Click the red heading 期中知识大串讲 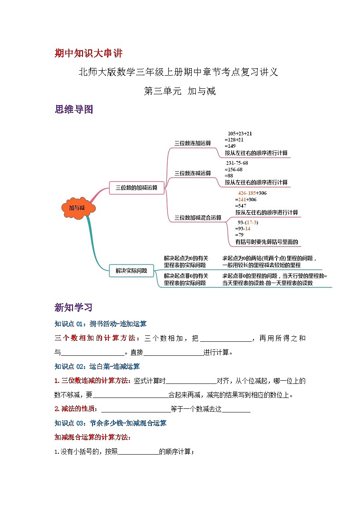[x=88, y=53]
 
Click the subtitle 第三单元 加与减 [x=180, y=91]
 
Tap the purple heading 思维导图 [x=73, y=109]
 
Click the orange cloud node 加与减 [x=77, y=208]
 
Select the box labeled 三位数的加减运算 [x=136, y=187]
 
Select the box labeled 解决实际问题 [x=131, y=271]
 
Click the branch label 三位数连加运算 [x=193, y=143]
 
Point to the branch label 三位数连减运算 [x=193, y=173]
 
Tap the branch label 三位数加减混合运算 [x=198, y=218]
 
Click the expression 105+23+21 [x=240, y=133]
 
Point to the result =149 [x=231, y=146]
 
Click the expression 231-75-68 [x=237, y=163]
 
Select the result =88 [x=229, y=175]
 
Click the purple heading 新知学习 [x=73, y=308]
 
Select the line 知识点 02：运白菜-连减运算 [x=97, y=366]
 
